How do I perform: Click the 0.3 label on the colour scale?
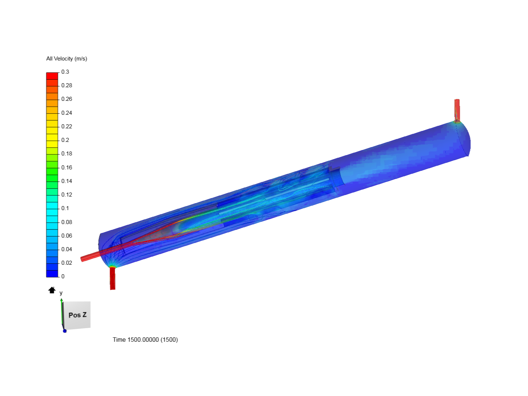coord(65,72)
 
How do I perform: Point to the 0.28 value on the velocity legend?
coord(67,85)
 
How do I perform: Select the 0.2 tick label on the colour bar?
coord(65,140)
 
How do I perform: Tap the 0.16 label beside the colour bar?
coord(67,167)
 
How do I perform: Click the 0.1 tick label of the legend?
coord(65,208)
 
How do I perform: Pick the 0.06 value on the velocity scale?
coord(67,236)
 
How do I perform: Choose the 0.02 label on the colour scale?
coord(67,263)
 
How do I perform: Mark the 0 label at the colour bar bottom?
coord(63,276)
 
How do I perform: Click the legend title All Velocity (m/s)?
coord(67,59)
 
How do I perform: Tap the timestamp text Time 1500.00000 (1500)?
coord(145,340)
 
